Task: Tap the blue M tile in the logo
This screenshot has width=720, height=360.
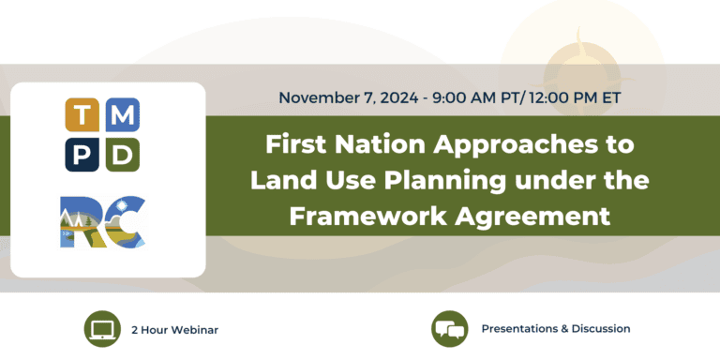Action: [124, 115]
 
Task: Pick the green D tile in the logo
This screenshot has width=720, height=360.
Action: [124, 153]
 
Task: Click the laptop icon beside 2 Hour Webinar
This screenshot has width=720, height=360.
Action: [101, 329]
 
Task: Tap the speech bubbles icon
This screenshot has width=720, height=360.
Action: [449, 329]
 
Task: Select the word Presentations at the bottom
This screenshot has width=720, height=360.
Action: [520, 329]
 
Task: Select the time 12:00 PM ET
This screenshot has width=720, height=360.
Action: [571, 97]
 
